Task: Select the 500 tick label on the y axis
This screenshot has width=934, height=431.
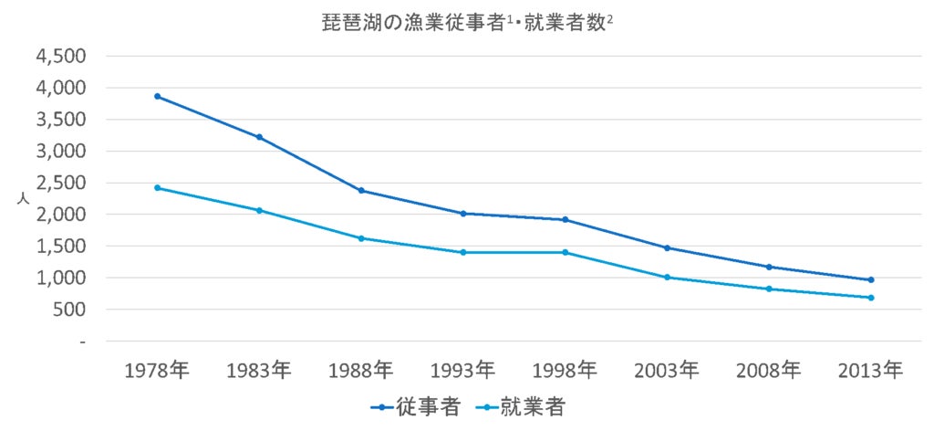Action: [68, 310]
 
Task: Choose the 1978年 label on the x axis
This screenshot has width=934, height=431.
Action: [157, 371]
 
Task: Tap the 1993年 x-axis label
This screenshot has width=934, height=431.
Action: [463, 371]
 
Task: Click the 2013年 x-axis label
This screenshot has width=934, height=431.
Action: [871, 371]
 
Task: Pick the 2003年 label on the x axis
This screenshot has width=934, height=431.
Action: [667, 371]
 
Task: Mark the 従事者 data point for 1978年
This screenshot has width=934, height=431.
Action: [158, 96]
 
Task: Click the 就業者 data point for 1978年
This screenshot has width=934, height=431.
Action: [158, 187]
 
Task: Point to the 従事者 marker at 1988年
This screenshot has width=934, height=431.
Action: [362, 191]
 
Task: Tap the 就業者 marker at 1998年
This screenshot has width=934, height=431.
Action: [566, 252]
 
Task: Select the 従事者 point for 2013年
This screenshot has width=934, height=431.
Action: [871, 279]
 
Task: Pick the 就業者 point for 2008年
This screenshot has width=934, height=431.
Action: [769, 289]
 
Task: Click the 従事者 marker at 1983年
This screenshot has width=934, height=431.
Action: [260, 137]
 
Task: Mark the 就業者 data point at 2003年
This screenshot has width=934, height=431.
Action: [667, 277]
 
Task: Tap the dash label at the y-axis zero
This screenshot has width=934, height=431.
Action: [82, 342]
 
